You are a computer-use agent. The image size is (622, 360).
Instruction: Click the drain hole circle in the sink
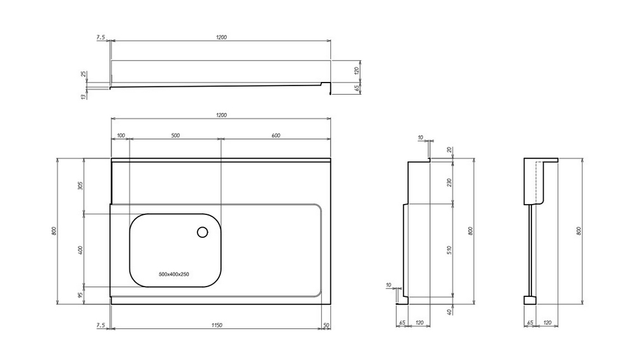(203, 233)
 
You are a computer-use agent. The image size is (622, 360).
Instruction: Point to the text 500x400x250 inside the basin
(174, 274)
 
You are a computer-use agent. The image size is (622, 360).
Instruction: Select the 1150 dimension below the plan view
(217, 325)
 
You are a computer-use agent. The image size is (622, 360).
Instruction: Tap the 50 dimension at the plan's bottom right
(326, 325)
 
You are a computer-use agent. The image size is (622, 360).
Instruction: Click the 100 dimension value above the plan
(121, 135)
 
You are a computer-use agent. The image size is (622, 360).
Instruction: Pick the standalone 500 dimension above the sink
(176, 135)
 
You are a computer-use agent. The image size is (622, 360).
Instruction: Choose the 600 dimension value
(276, 135)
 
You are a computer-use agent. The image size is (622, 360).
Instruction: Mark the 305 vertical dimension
(80, 186)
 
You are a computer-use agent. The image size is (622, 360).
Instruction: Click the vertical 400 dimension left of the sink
(80, 250)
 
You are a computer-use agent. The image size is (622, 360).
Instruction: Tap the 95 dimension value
(80, 296)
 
